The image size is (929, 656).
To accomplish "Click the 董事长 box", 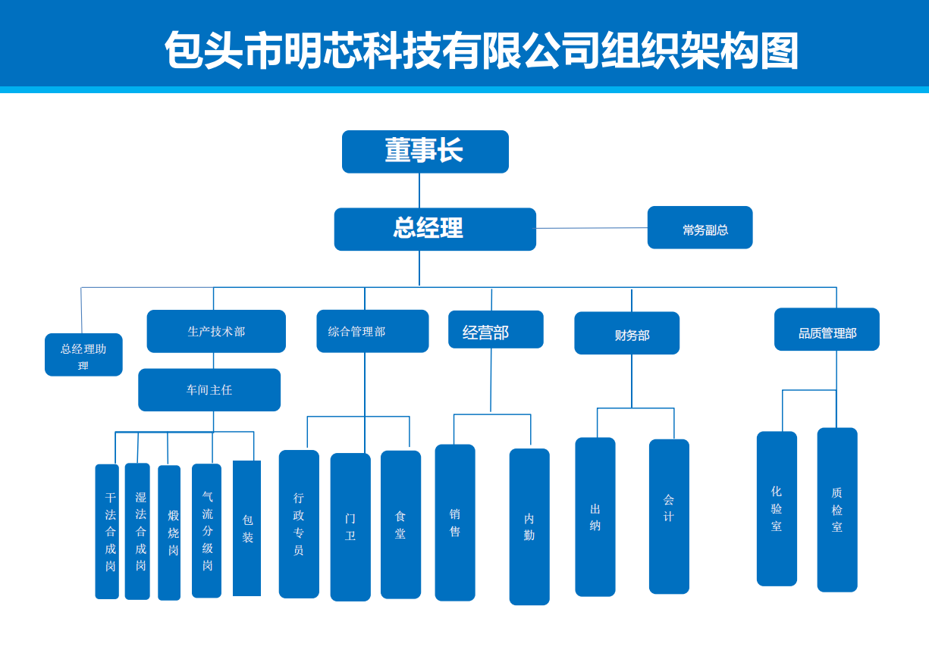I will [425, 152].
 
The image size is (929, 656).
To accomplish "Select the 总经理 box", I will [435, 229].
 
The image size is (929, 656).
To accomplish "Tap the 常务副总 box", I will [699, 227].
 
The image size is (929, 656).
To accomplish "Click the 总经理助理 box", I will [83, 355].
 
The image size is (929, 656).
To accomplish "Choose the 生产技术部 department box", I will [216, 331].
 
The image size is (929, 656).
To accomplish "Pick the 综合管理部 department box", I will [372, 331].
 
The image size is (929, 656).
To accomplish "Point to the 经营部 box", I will [495, 330].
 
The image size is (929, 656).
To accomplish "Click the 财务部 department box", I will [626, 333].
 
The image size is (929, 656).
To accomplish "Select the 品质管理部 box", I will [827, 330].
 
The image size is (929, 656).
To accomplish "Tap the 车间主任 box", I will [209, 389].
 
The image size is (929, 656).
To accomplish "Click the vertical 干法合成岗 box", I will [107, 531].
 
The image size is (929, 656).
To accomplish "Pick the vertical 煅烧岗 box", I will [169, 533].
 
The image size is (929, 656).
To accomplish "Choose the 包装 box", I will [246, 528].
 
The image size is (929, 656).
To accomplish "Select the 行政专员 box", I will [299, 524].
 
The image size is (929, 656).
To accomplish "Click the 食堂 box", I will [400, 524].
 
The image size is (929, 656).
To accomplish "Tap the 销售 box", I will [455, 523].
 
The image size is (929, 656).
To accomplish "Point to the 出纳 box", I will [595, 517].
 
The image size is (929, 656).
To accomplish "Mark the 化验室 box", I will [777, 508].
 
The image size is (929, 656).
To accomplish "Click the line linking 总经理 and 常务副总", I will [592, 228].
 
